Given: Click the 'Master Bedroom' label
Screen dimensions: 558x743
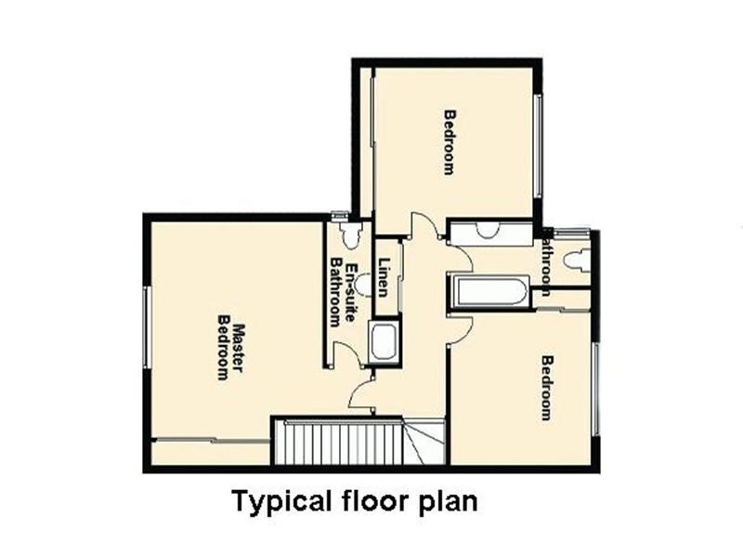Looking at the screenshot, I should coord(229,352).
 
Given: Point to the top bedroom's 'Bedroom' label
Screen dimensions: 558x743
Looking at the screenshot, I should coord(450,142).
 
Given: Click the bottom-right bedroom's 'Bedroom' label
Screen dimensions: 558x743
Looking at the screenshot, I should coord(548,388).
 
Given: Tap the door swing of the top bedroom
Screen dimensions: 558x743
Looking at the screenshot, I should coord(425,227).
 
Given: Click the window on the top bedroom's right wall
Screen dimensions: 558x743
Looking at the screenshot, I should coord(537,144).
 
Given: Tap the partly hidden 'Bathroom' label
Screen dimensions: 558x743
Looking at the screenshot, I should coord(547,265).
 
